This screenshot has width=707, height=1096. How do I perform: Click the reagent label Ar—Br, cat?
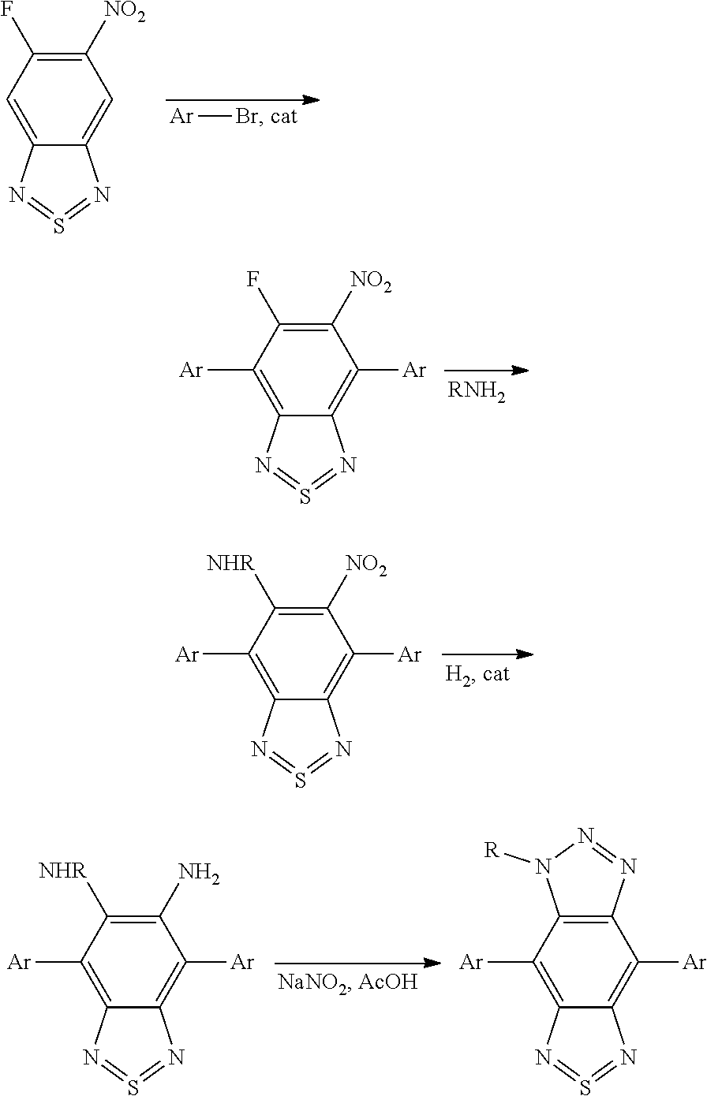click(234, 118)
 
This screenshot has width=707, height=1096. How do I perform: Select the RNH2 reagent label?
click(477, 392)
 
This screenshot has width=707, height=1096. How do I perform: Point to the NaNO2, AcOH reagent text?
click(348, 983)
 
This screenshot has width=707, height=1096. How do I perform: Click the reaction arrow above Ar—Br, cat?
click(241, 100)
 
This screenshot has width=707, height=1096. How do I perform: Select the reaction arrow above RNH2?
click(485, 371)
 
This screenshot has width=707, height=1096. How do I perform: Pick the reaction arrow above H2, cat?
click(487, 654)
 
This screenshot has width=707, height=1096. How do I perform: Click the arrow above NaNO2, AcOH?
click(357, 963)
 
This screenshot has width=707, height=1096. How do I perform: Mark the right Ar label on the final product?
click(694, 962)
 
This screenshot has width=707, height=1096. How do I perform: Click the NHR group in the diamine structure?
click(60, 871)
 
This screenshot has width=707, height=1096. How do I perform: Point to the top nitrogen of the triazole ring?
click(585, 834)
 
